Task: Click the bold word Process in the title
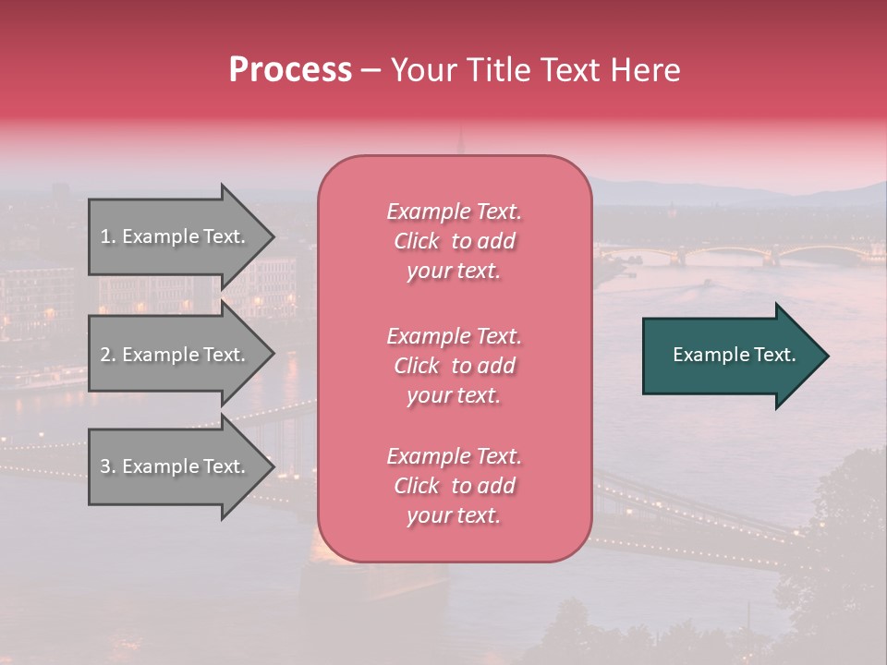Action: pyautogui.click(x=290, y=70)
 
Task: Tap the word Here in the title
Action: pyautogui.click(x=644, y=70)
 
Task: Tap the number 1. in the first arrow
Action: pyautogui.click(x=107, y=236)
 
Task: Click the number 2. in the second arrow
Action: pyautogui.click(x=107, y=355)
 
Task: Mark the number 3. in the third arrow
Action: pyautogui.click(x=107, y=466)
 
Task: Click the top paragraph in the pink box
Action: pyautogui.click(x=455, y=241)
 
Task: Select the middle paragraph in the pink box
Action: pyautogui.click(x=455, y=366)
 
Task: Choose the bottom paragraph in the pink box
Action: pyautogui.click(x=455, y=486)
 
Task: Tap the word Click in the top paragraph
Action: pyautogui.click(x=416, y=241)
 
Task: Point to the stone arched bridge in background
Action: pyautogui.click(x=739, y=252)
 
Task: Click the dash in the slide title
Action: pyautogui.click(x=371, y=70)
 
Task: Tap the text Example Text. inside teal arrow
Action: pyautogui.click(x=734, y=355)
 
